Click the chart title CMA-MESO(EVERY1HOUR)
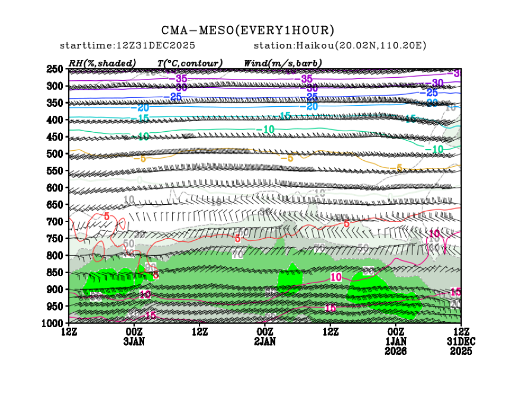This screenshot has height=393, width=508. (247, 30)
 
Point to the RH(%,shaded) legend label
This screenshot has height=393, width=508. (102, 63)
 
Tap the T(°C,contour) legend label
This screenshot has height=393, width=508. (189, 63)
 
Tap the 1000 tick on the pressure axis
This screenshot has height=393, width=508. (55, 323)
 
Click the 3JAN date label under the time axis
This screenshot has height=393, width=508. (135, 341)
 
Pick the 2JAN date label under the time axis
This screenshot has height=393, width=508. (265, 341)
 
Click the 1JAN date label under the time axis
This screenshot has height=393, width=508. (396, 341)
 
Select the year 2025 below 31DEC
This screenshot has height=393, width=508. (461, 351)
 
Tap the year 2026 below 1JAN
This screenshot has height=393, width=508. (396, 351)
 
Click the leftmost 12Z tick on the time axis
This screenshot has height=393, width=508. (69, 331)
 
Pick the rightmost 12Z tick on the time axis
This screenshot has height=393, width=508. (461, 331)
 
